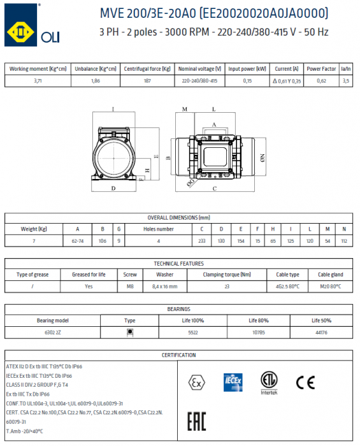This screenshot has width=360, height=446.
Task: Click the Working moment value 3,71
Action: (36, 81)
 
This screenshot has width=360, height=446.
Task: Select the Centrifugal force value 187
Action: (147, 81)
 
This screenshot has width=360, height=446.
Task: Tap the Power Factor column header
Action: (322, 68)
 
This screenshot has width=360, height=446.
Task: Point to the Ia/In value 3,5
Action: (346, 81)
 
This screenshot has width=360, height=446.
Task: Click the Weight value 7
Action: (34, 241)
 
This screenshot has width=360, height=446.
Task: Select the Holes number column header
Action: (158, 228)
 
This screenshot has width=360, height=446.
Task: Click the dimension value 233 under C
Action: (201, 241)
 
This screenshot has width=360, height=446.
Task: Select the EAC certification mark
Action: (197, 421)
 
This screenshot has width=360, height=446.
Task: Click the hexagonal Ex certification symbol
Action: (195, 382)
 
